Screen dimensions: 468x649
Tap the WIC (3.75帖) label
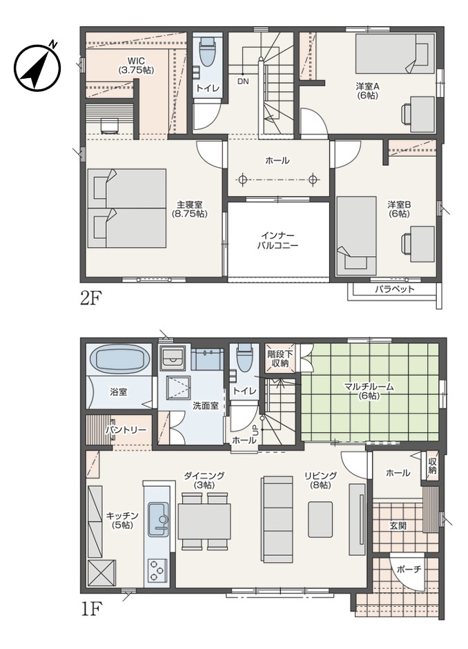coord(136,66)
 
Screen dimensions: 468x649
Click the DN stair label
coord(243,81)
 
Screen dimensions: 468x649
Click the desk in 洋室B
coord(422,244)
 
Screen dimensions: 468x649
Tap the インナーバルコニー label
coord(277,240)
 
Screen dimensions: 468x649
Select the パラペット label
coord(394,289)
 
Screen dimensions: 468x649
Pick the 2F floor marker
coord(90,298)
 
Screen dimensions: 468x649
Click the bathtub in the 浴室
coord(120,359)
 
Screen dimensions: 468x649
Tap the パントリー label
coord(126,430)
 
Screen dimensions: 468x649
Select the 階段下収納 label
coord(280,358)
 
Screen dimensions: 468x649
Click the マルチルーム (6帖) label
coord(369,391)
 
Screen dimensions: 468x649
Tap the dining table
coord(204,521)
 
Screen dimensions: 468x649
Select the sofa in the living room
coord(277,520)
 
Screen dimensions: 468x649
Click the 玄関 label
coord(398,525)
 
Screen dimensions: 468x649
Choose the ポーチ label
coord(409,569)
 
